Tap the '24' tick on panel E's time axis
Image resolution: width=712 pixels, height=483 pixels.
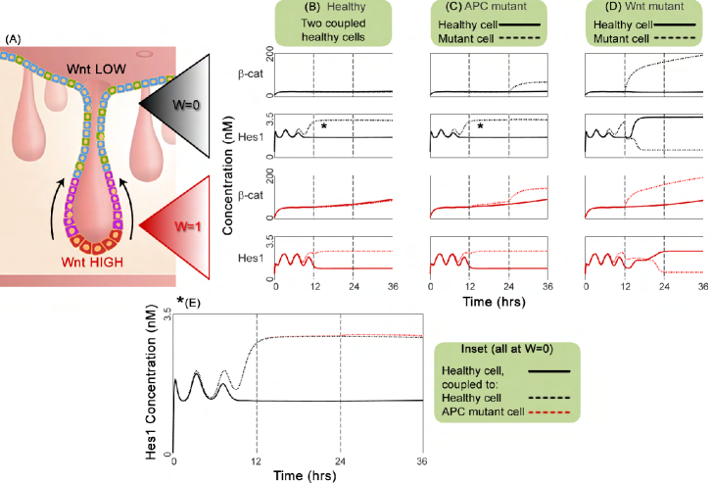tap(341, 462)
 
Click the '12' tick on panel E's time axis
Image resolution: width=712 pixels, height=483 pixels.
tap(257, 462)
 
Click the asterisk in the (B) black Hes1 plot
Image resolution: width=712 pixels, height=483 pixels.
tap(323, 126)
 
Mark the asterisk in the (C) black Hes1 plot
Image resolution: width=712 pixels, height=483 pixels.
tap(480, 126)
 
